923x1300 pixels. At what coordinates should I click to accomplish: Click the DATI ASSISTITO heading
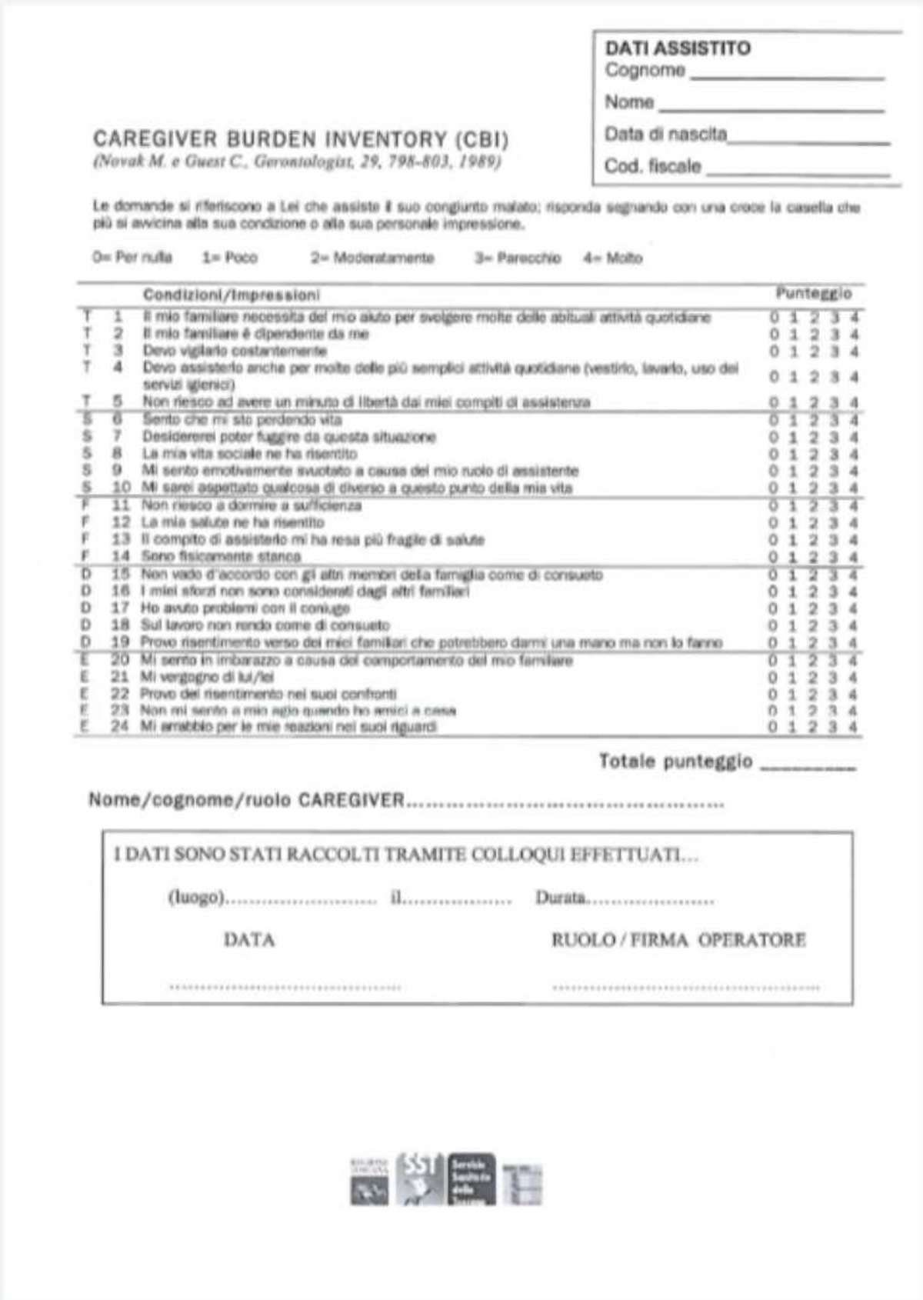[x=677, y=48]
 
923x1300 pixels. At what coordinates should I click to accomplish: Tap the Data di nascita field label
[x=665, y=134]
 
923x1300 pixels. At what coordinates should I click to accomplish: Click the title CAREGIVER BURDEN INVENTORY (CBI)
[x=301, y=139]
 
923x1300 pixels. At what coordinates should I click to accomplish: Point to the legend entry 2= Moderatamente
[x=372, y=258]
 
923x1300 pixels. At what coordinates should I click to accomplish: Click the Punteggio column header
[x=813, y=293]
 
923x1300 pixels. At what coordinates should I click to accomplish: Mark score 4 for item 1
[x=855, y=317]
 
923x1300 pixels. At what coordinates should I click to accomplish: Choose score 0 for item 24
[x=773, y=727]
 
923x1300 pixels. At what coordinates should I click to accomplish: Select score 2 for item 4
[x=814, y=377]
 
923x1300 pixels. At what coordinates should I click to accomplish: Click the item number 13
[x=121, y=539]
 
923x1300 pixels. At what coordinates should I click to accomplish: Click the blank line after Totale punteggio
[x=807, y=767]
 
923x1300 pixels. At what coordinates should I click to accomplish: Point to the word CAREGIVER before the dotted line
[x=351, y=800]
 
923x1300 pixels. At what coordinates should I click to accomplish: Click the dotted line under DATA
[x=285, y=986]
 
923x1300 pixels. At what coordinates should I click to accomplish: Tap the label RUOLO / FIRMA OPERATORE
[x=678, y=940]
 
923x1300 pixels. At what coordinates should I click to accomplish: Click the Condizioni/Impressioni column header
[x=232, y=295]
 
